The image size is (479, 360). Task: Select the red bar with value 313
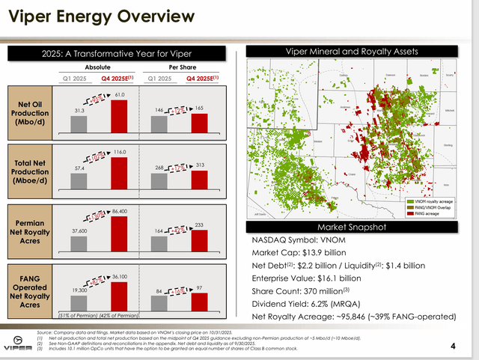tap(199, 180)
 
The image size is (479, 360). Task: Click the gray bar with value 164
tap(159, 245)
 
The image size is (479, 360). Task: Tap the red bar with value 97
tap(199, 301)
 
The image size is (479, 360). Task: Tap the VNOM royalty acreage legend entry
tap(432, 201)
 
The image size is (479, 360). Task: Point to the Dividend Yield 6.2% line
tap(308, 304)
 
